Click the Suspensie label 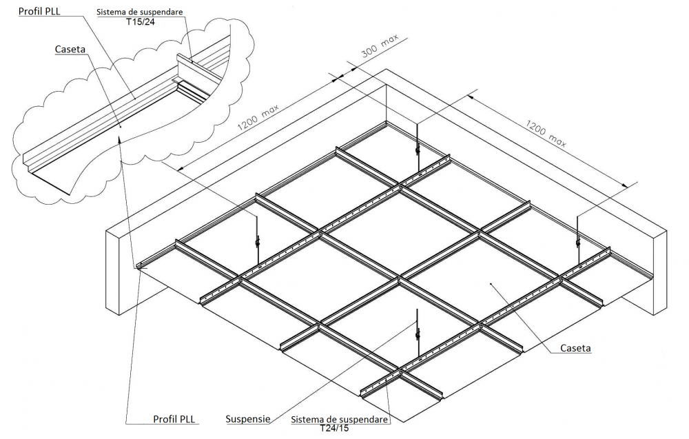pyautogui.click(x=248, y=418)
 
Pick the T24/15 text pyautogui.click(x=334, y=428)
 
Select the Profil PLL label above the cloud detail pyautogui.click(x=39, y=12)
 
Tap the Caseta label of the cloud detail pyautogui.click(x=71, y=50)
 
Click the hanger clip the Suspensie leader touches pyautogui.click(x=417, y=336)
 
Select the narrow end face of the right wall pyautogui.click(x=659, y=272)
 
